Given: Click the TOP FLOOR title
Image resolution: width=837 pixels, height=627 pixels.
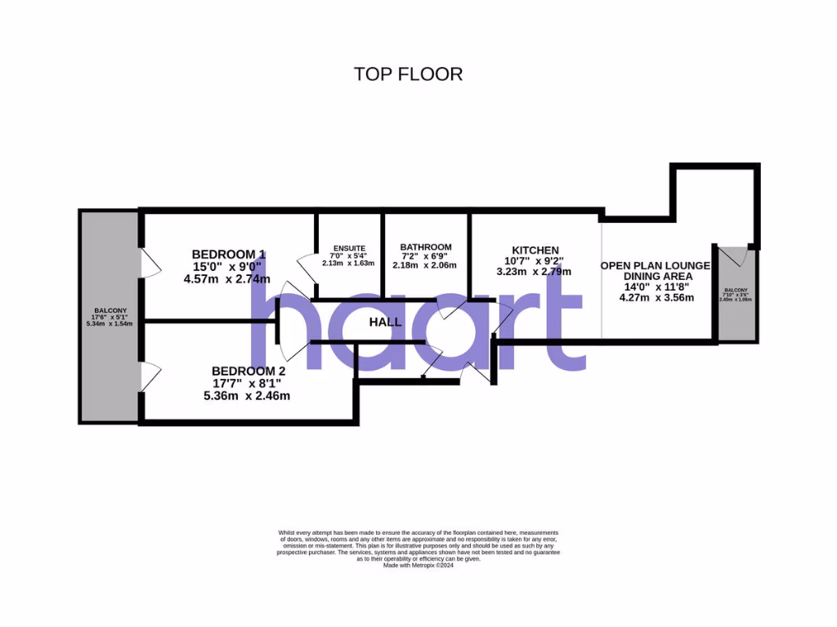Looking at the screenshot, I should pos(408,74).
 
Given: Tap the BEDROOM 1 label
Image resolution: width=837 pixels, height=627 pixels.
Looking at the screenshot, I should pos(228,253).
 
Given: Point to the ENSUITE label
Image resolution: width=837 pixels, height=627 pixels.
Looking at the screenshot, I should pos(349,248).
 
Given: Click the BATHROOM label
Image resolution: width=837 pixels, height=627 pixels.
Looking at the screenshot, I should pos(425,247).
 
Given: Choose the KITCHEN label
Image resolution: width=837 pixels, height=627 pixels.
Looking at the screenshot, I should pos(535,250).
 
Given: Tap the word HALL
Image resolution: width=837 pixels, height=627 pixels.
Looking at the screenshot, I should pos(385,322).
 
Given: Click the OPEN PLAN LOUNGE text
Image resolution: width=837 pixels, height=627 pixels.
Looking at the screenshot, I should pos(656,266).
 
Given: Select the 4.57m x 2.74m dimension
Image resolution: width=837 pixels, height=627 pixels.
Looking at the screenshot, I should pos(227,278).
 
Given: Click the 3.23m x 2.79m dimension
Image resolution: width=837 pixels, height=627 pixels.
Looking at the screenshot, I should pos(534,272).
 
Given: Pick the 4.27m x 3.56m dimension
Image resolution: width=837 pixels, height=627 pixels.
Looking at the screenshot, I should pos(656,297).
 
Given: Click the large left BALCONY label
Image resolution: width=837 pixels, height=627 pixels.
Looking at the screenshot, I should pos(110,311).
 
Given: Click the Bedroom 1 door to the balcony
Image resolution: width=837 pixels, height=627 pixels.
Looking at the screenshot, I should pos(150,263).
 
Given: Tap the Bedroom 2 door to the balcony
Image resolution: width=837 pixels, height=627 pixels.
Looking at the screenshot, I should pos(150,376).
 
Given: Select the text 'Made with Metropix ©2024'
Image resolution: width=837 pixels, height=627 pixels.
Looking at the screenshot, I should pos(418,565).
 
